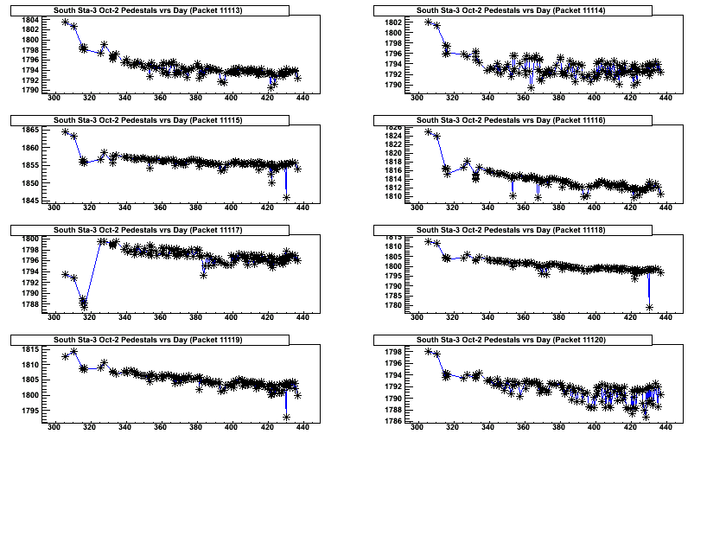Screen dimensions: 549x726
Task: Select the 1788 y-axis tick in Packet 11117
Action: point(29,304)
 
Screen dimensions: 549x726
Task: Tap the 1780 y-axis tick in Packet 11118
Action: point(392,305)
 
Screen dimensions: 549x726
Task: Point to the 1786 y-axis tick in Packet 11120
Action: point(392,421)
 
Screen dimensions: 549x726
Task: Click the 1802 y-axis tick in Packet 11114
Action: point(392,22)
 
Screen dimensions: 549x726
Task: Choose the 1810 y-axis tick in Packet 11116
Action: point(392,196)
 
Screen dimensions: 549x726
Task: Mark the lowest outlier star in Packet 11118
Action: point(649,307)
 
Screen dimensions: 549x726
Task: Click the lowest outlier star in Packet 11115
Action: point(286,197)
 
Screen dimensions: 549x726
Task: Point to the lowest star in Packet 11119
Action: point(286,417)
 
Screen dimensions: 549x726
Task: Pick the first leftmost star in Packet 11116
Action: point(429,131)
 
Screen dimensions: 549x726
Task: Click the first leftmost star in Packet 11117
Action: point(66,274)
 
